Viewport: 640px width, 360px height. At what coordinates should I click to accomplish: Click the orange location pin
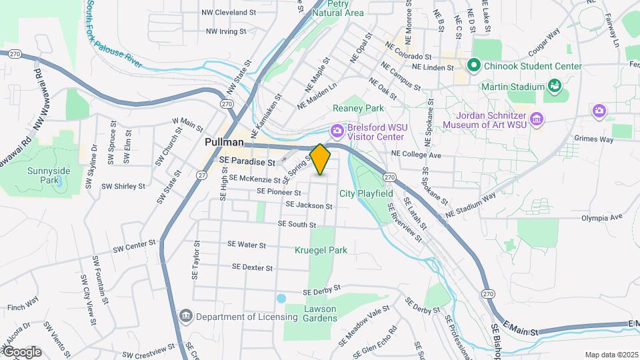click(x=320, y=159)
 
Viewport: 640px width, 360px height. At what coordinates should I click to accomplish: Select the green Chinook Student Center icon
click(x=474, y=65)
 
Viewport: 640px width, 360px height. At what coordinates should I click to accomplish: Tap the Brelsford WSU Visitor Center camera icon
click(x=337, y=129)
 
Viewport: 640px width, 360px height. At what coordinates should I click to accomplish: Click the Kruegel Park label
click(x=321, y=250)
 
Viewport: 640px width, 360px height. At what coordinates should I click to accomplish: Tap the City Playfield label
click(x=364, y=193)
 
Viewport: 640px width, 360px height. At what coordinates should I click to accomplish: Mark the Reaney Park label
click(x=359, y=108)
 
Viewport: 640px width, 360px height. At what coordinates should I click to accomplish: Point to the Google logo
click(x=21, y=352)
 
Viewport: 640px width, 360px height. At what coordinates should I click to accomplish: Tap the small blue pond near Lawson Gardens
click(x=281, y=298)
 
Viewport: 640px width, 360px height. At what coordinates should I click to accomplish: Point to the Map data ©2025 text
click(x=611, y=355)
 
